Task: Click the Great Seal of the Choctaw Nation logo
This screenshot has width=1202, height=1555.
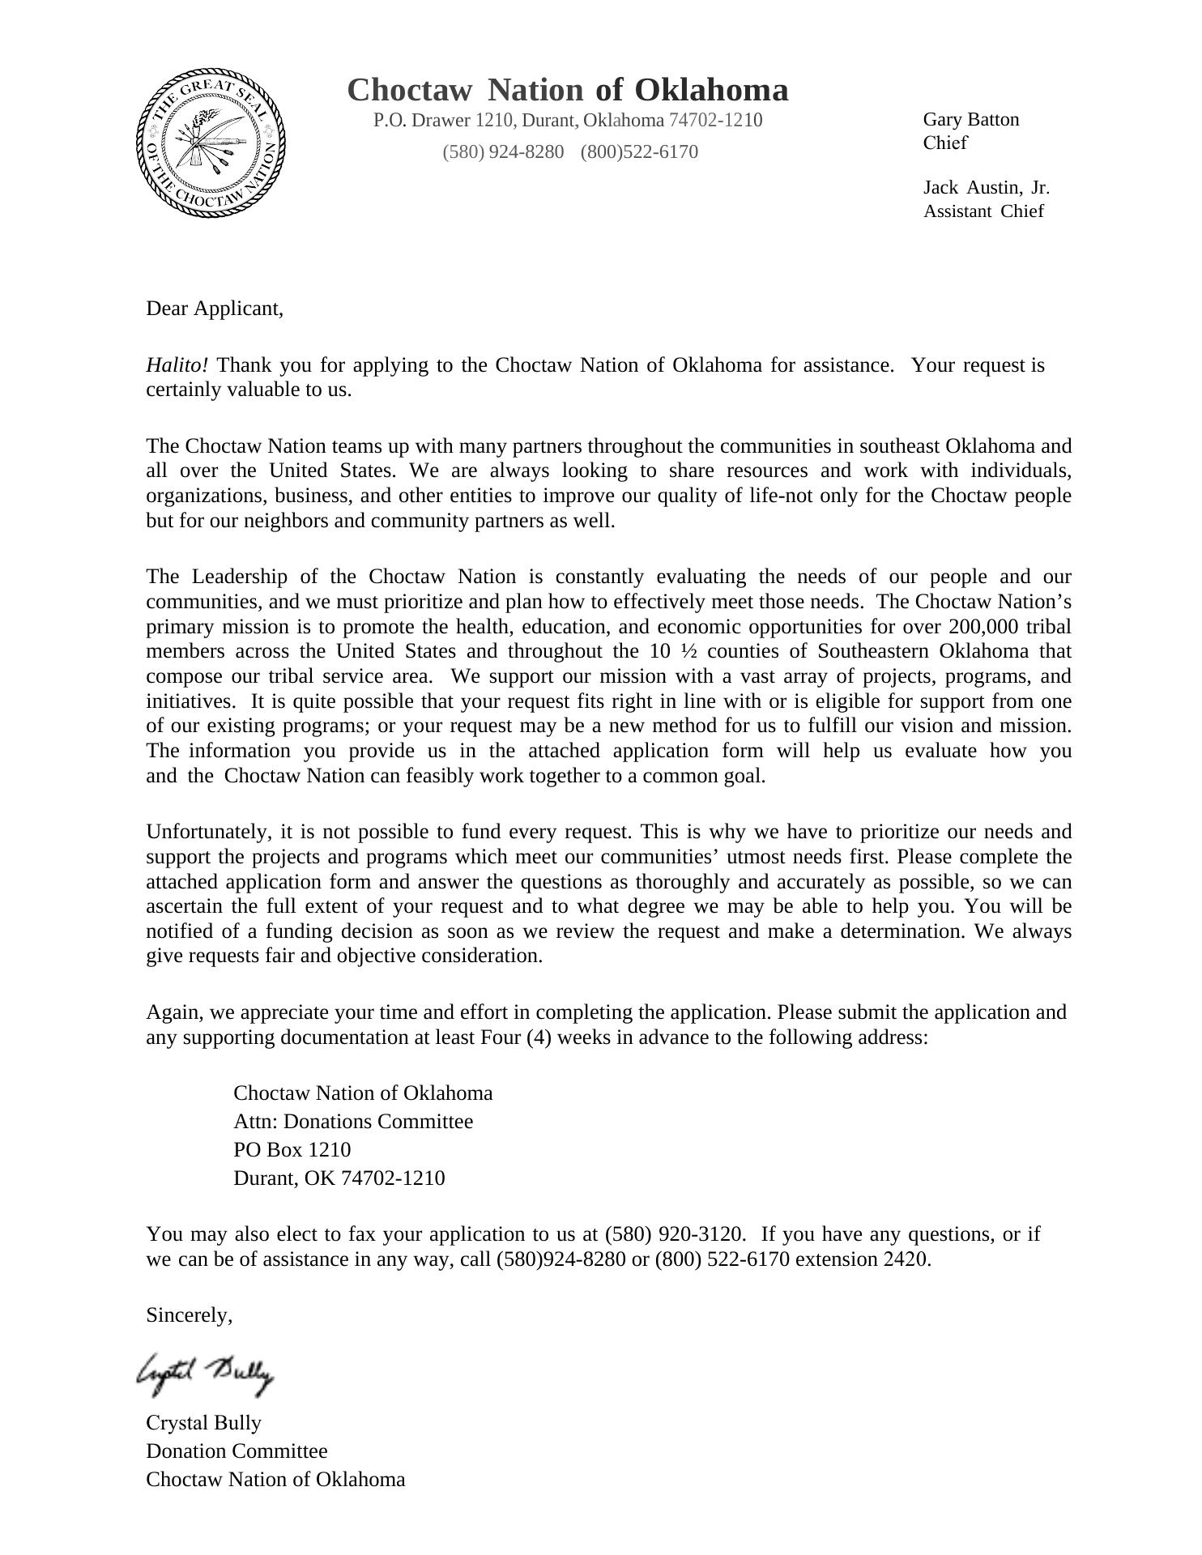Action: tap(211, 143)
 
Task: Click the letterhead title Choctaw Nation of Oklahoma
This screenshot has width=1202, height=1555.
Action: tap(567, 90)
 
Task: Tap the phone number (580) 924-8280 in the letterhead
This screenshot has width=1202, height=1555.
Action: tap(503, 152)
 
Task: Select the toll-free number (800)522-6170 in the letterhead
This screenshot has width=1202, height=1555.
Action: tap(639, 152)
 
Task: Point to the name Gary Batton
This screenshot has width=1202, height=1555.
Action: tap(971, 120)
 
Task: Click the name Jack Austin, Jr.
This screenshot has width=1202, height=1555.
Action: tap(986, 188)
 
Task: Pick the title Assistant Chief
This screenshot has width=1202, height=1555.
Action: tap(983, 211)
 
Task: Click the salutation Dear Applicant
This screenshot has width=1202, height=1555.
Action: tap(215, 309)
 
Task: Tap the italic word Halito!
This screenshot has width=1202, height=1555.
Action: tap(177, 365)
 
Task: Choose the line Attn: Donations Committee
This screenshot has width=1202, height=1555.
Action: tap(353, 1122)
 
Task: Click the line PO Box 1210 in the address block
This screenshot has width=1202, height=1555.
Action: tap(292, 1150)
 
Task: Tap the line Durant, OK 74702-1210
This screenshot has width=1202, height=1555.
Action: tap(339, 1178)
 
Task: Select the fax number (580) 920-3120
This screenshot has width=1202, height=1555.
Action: tap(673, 1234)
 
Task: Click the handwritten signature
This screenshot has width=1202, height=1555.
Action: tap(206, 1374)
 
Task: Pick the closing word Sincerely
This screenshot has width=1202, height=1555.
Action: tap(189, 1315)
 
